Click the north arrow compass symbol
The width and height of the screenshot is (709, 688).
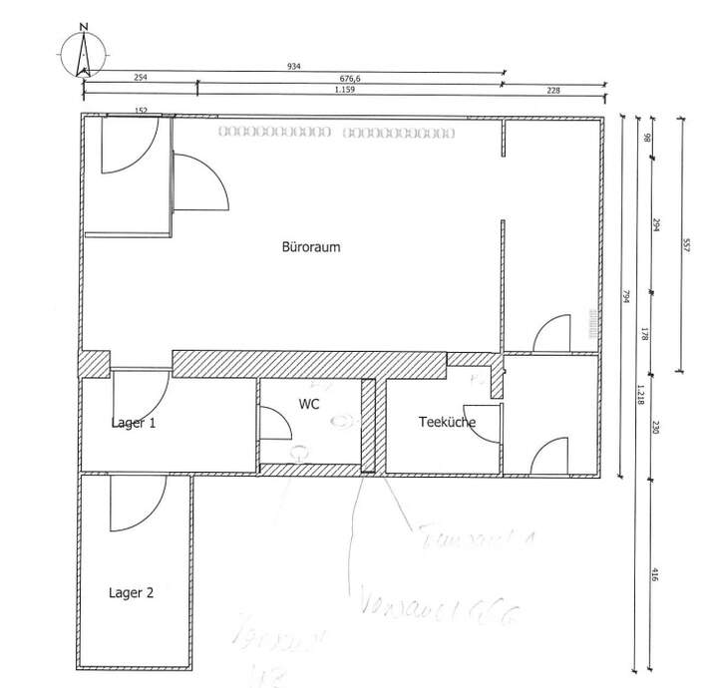click(83, 54)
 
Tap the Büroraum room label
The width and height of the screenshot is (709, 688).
click(312, 248)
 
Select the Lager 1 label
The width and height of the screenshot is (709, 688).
click(134, 423)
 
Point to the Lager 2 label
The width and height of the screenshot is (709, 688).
click(131, 592)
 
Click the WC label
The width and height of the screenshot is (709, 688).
click(307, 404)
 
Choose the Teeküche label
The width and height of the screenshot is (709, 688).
click(446, 423)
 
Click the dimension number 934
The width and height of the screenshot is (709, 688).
click(293, 67)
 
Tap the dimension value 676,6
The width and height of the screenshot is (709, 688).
click(350, 78)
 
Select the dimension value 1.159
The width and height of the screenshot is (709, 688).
click(345, 90)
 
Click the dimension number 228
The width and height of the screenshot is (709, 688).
click(553, 90)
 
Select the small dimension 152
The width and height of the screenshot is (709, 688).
click(141, 111)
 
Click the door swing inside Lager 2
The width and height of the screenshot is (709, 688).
click(137, 506)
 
